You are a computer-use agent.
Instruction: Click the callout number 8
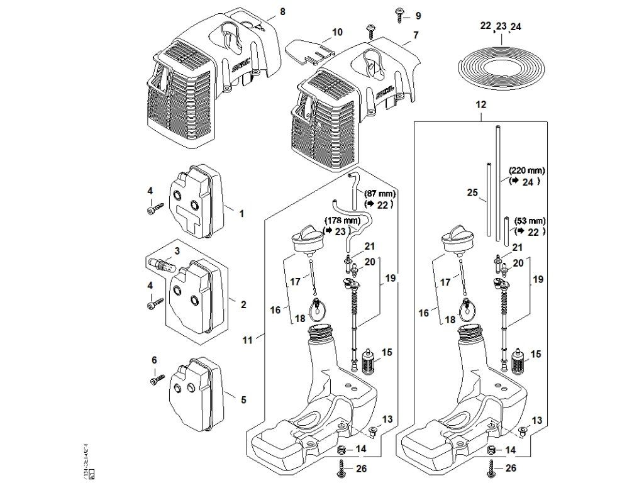pyautogui.click(x=282, y=12)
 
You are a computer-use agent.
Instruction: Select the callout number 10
pyautogui.click(x=337, y=31)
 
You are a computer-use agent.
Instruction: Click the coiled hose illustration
pyautogui.click(x=501, y=62)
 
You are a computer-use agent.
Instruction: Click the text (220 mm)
pyautogui.click(x=527, y=170)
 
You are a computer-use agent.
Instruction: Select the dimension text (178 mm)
pyautogui.click(x=342, y=220)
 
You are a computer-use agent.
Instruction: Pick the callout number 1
pyautogui.click(x=241, y=214)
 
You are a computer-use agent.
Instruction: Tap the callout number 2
pyautogui.click(x=242, y=304)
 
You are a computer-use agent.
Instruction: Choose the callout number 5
pyautogui.click(x=242, y=398)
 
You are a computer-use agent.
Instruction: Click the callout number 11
pyautogui.click(x=247, y=340)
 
